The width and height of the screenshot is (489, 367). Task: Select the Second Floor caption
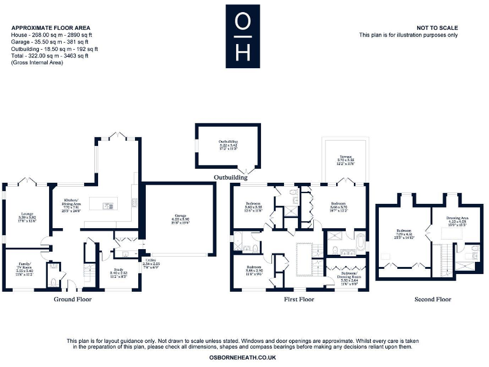(432, 299)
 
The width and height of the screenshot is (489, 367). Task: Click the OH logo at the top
(243, 36)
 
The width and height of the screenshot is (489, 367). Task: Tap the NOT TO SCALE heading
(437, 28)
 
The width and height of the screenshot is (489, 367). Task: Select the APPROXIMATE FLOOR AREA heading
(50, 28)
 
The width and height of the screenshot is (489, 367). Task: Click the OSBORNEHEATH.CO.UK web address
(242, 358)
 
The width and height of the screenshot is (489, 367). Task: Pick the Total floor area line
(50, 56)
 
